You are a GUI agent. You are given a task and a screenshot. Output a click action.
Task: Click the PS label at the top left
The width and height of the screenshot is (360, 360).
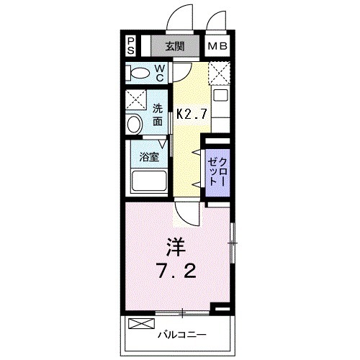coord(130,47)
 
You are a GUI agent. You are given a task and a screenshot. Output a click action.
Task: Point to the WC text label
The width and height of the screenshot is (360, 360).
coord(160,73)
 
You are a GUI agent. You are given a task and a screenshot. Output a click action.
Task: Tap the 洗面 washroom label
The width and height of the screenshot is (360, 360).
coord(158,115)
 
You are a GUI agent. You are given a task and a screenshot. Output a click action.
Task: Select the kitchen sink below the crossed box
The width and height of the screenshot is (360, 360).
coord(220,95)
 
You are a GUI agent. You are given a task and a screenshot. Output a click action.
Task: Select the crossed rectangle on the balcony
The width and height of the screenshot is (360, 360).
coord(141,324)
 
